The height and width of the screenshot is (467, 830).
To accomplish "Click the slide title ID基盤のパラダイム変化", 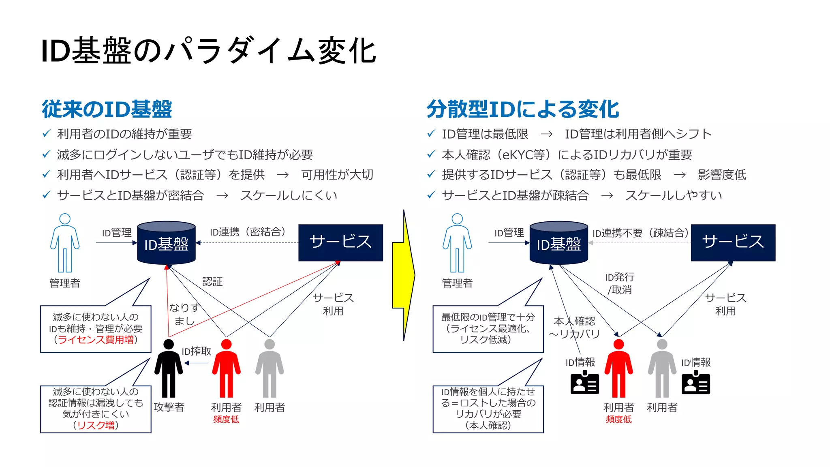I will click(208, 51).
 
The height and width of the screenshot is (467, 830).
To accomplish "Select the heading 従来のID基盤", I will click(107, 109).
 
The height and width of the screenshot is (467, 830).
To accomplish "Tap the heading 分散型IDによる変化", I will click(522, 109).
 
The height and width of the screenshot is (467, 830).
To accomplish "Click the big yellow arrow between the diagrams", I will click(403, 276).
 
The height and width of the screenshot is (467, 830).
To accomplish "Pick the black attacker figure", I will click(169, 369).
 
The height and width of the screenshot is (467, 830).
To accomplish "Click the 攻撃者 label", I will click(169, 407).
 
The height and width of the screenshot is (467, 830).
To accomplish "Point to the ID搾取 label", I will click(197, 351).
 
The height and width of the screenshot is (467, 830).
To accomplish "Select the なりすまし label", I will click(184, 314).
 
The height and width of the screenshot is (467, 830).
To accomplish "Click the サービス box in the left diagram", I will click(340, 242).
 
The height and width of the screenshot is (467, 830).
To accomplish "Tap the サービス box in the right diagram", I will click(733, 242).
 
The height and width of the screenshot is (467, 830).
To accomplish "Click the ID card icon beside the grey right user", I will click(695, 383).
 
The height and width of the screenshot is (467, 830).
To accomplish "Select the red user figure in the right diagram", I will click(618, 369).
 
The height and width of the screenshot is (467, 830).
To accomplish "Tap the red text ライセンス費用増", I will click(96, 340).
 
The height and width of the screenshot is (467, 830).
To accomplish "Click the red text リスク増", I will click(96, 425).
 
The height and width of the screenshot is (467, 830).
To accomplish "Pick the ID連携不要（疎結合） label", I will click(640, 233).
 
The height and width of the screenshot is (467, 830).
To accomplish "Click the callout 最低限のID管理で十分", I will click(488, 329).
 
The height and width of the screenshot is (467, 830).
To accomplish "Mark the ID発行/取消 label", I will click(620, 283).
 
